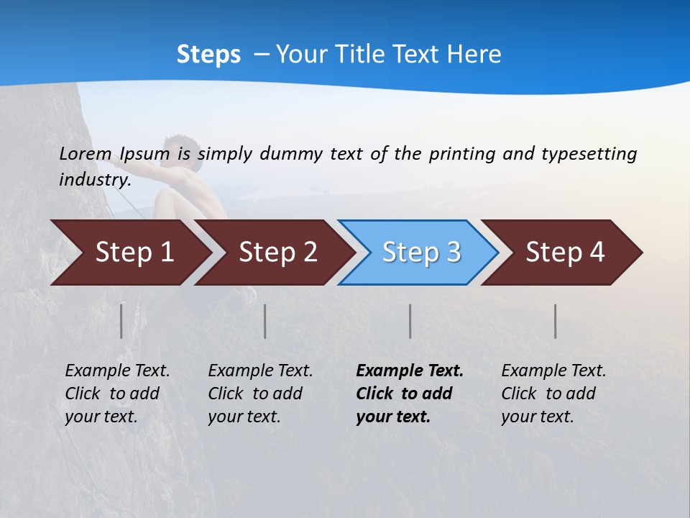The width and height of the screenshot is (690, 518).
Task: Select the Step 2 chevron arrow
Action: point(277,252)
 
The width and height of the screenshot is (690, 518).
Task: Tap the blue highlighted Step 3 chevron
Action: point(420,252)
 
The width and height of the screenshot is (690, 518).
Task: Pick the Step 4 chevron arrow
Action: point(565,252)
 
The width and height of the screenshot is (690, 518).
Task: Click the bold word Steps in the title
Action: point(208,55)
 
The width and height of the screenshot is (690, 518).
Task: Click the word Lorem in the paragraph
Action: point(86,154)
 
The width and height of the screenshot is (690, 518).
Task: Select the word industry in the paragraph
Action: point(94,180)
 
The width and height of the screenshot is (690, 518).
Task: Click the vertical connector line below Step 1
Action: point(121,321)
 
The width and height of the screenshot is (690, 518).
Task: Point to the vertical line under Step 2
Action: point(265,321)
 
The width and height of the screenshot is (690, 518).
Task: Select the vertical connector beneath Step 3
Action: point(410,321)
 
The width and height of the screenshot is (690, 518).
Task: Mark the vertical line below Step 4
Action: point(556,321)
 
